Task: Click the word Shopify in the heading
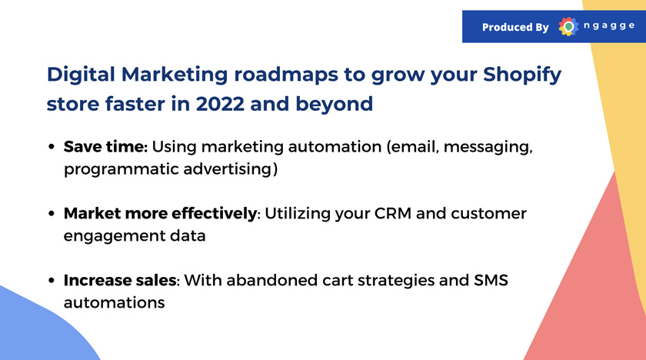(x=522, y=75)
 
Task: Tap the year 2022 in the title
(x=220, y=104)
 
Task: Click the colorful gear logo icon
(x=568, y=27)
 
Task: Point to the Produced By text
(x=515, y=27)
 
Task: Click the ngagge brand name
(x=609, y=26)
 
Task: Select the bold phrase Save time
(x=105, y=147)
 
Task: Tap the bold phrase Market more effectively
(x=160, y=213)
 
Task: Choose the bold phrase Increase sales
(x=120, y=280)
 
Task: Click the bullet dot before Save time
(x=52, y=147)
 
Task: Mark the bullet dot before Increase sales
(x=52, y=281)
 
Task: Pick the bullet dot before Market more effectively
(x=52, y=213)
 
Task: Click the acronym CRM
(x=393, y=213)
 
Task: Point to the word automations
(x=114, y=303)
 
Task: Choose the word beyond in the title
(x=334, y=104)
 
